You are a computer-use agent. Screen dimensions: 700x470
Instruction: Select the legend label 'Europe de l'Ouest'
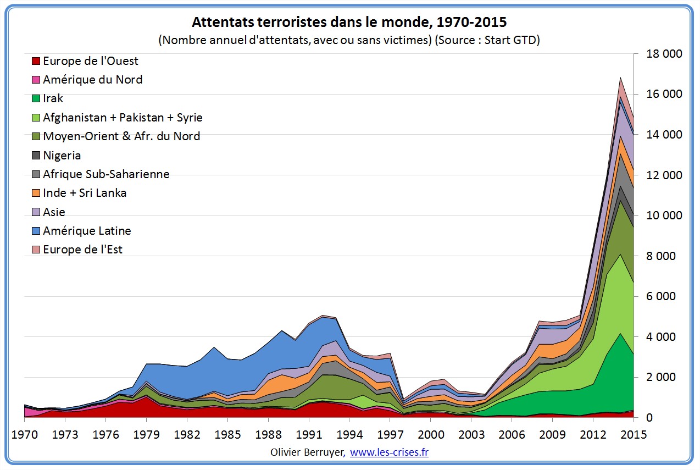point(90,61)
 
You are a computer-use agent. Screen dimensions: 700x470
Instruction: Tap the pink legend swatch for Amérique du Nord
point(36,80)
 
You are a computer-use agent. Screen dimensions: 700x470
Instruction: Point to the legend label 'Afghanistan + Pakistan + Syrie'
point(123,118)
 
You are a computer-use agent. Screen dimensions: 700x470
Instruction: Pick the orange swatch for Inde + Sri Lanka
point(36,193)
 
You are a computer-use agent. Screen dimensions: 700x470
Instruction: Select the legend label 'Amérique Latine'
point(87,231)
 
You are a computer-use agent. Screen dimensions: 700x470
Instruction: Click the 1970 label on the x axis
point(24,435)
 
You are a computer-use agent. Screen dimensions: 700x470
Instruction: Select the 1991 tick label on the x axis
point(309,435)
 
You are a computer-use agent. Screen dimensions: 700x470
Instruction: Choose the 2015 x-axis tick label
point(634,435)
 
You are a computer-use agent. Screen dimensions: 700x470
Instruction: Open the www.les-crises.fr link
point(389,452)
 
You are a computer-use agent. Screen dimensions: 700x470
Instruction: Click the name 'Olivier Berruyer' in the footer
point(308,452)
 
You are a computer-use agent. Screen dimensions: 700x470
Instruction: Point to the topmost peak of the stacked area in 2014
point(620,78)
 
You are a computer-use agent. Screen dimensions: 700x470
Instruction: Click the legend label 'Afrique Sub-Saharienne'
point(106,174)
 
